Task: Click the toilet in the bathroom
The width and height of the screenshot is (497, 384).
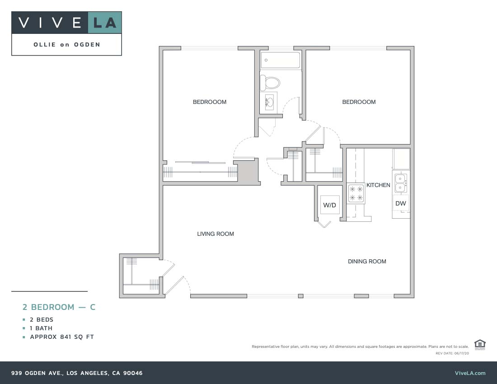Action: [x=271, y=83]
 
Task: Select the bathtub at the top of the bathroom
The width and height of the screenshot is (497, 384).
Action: [x=281, y=60]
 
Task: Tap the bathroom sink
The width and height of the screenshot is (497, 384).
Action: [x=269, y=103]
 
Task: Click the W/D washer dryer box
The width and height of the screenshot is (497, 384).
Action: [x=329, y=205]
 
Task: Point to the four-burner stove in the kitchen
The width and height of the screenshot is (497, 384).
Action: [x=356, y=193]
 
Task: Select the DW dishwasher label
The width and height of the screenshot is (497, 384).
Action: [x=401, y=204]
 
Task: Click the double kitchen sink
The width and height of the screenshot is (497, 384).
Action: [x=401, y=183]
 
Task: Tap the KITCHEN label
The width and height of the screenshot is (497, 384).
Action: [x=378, y=185]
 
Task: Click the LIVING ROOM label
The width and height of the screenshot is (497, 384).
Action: [x=216, y=234]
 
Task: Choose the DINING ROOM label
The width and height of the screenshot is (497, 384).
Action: [x=367, y=262]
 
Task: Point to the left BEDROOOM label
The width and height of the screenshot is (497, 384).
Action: [x=210, y=102]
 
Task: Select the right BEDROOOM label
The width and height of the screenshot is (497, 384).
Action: [x=359, y=102]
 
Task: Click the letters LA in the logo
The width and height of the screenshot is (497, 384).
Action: [x=105, y=23]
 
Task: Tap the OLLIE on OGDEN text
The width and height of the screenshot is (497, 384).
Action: [x=67, y=45]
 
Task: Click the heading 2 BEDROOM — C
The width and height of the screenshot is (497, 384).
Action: [x=59, y=307]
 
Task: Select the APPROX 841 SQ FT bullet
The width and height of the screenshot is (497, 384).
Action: [x=62, y=337]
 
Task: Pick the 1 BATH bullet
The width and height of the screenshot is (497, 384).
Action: [x=41, y=328]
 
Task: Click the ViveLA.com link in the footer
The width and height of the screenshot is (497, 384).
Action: [x=470, y=373]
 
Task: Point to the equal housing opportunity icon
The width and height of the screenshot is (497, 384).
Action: [x=480, y=344]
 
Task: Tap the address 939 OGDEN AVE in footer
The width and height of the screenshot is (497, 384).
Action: [x=77, y=373]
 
